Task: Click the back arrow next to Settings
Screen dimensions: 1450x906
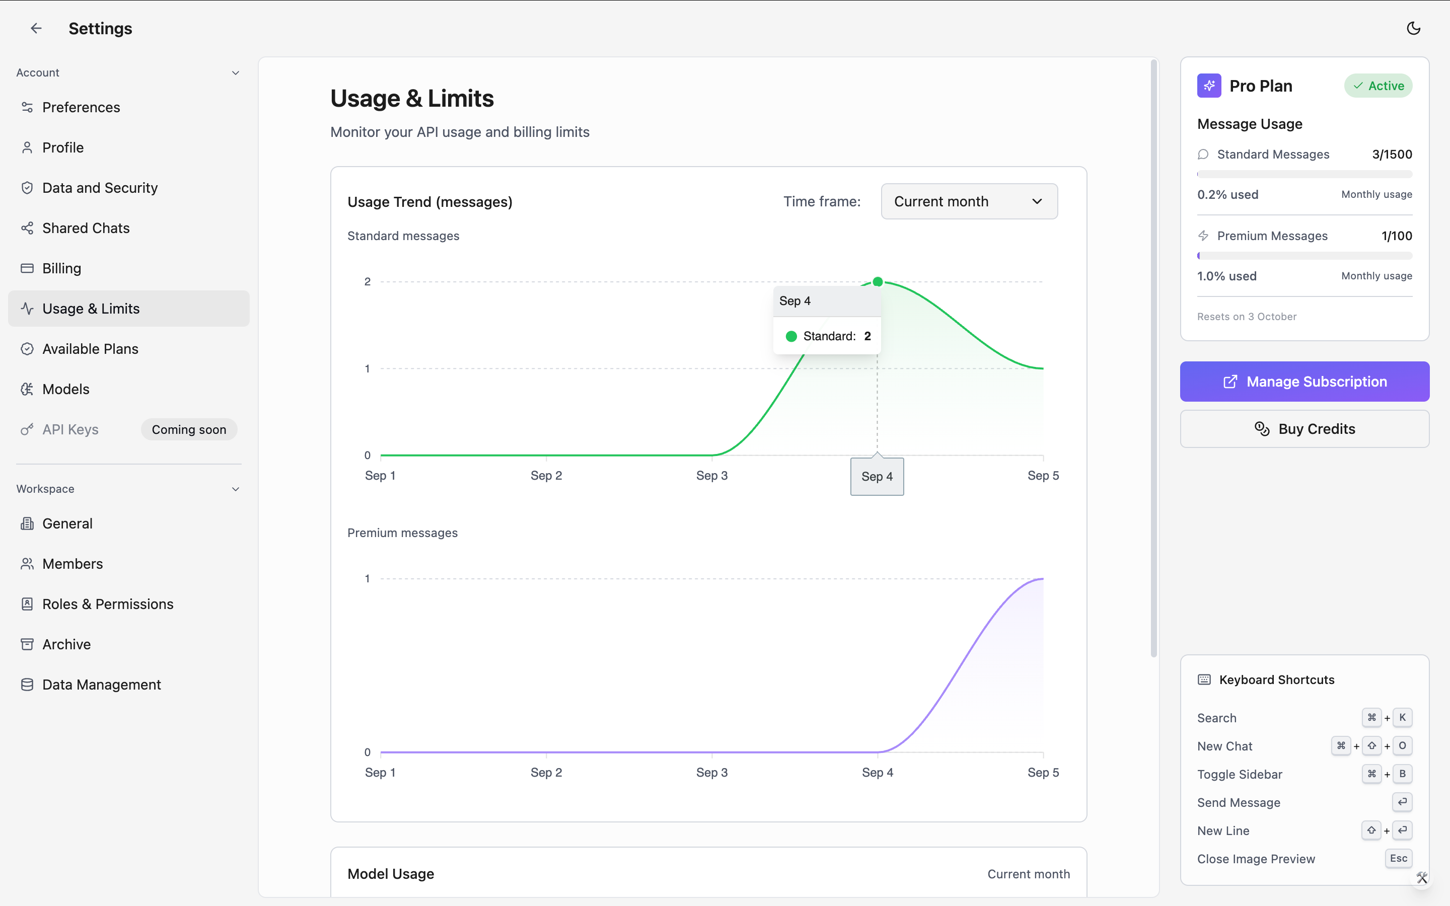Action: [36, 28]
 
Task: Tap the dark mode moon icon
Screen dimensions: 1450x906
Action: [1413, 28]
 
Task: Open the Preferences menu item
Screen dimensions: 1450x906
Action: [81, 107]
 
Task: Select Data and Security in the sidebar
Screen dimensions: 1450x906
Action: [100, 188]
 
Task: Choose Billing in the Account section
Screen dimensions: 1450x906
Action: [61, 268]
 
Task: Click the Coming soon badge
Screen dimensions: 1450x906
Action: [189, 430]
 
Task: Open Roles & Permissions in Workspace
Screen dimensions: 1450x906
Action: [108, 604]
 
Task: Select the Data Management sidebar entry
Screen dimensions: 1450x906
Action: [101, 685]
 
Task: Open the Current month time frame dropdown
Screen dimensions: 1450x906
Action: [969, 201]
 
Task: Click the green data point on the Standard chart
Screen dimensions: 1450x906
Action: [878, 282]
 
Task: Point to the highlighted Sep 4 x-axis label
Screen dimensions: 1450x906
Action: [877, 476]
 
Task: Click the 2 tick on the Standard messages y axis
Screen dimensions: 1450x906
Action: [368, 282]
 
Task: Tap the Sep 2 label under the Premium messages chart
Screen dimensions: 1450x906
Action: [546, 773]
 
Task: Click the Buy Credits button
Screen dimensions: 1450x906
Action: [1304, 429]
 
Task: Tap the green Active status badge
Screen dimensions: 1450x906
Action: [1378, 86]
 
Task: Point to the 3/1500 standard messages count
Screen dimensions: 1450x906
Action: [1392, 155]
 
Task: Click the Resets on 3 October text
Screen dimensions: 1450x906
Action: [1247, 317]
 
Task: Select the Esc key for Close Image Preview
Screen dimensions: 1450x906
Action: [1399, 858]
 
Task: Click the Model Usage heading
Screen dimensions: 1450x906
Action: [391, 874]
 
